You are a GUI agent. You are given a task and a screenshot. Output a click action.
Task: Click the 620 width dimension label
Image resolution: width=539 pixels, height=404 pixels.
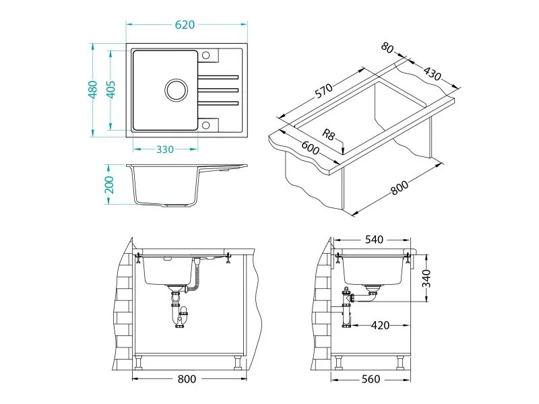click(185, 25)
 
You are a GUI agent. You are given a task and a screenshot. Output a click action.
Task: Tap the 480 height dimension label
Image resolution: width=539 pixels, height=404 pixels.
click(93, 90)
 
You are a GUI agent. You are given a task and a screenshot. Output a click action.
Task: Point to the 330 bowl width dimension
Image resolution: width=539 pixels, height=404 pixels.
click(165, 149)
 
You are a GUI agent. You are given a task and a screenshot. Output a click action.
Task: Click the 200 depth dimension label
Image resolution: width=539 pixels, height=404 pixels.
click(109, 184)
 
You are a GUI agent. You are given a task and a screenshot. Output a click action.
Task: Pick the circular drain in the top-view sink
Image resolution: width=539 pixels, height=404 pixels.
click(177, 90)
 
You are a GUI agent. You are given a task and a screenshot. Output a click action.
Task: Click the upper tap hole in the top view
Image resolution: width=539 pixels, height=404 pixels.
click(205, 55)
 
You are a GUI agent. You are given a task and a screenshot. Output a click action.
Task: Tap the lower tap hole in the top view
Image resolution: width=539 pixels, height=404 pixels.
click(205, 125)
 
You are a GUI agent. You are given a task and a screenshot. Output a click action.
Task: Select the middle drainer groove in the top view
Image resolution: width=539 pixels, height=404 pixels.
click(218, 90)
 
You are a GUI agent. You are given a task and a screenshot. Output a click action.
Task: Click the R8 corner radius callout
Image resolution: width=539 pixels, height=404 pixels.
click(328, 134)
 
